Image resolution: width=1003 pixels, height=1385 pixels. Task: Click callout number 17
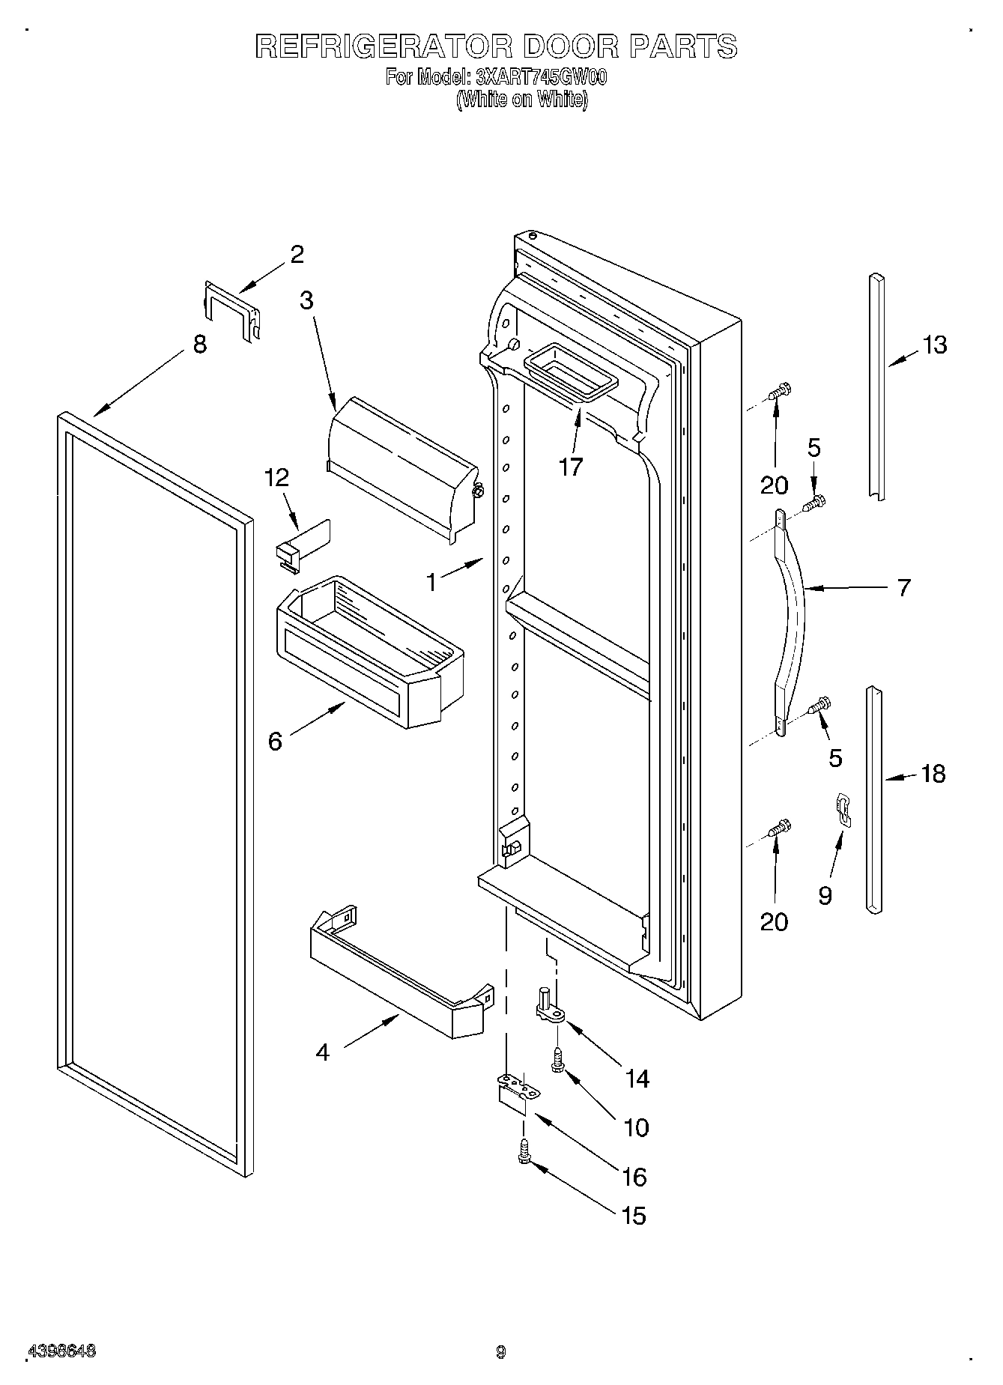(570, 467)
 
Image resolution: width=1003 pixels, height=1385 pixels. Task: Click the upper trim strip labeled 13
(876, 386)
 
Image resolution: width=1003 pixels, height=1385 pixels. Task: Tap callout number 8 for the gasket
(199, 345)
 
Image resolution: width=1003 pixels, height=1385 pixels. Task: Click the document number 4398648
(62, 1351)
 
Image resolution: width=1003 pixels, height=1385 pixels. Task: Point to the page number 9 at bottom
(500, 1351)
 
